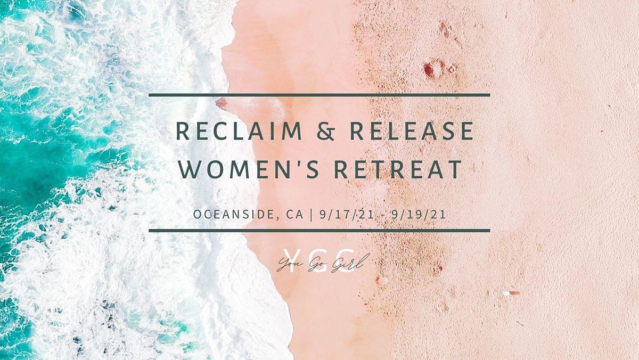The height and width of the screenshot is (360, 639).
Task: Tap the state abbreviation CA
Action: (296, 215)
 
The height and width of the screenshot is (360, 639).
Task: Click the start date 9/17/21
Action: (341, 215)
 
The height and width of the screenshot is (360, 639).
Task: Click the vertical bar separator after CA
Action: (312, 215)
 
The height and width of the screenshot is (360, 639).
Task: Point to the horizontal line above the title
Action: (319, 95)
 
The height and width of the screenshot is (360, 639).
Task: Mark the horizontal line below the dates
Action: (319, 231)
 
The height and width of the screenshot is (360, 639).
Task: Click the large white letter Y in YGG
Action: (290, 260)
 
